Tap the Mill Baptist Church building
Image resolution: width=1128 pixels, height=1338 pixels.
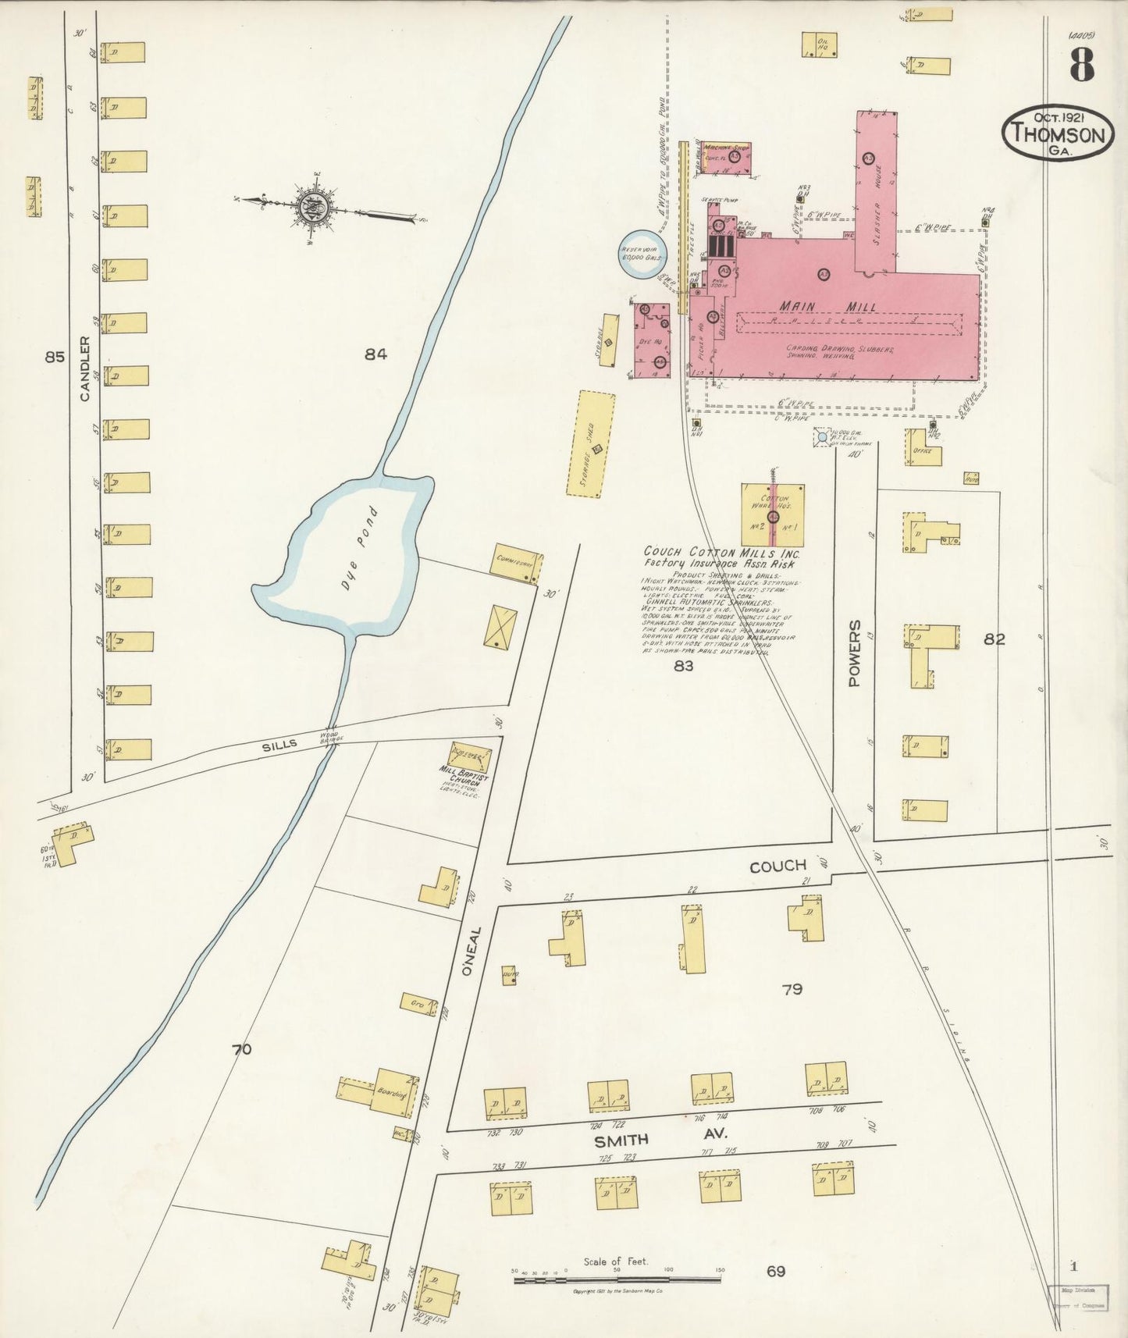[469, 756]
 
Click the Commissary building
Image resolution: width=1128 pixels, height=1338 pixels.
[516, 565]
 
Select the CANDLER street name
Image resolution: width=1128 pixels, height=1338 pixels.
[84, 369]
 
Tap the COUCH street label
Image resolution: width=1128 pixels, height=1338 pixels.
[778, 866]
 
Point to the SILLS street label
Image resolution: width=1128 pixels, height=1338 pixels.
[279, 745]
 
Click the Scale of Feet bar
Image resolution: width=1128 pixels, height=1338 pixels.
[617, 1279]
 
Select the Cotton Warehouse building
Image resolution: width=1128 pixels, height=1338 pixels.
[773, 514]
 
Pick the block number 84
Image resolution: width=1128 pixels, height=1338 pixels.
[375, 354]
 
